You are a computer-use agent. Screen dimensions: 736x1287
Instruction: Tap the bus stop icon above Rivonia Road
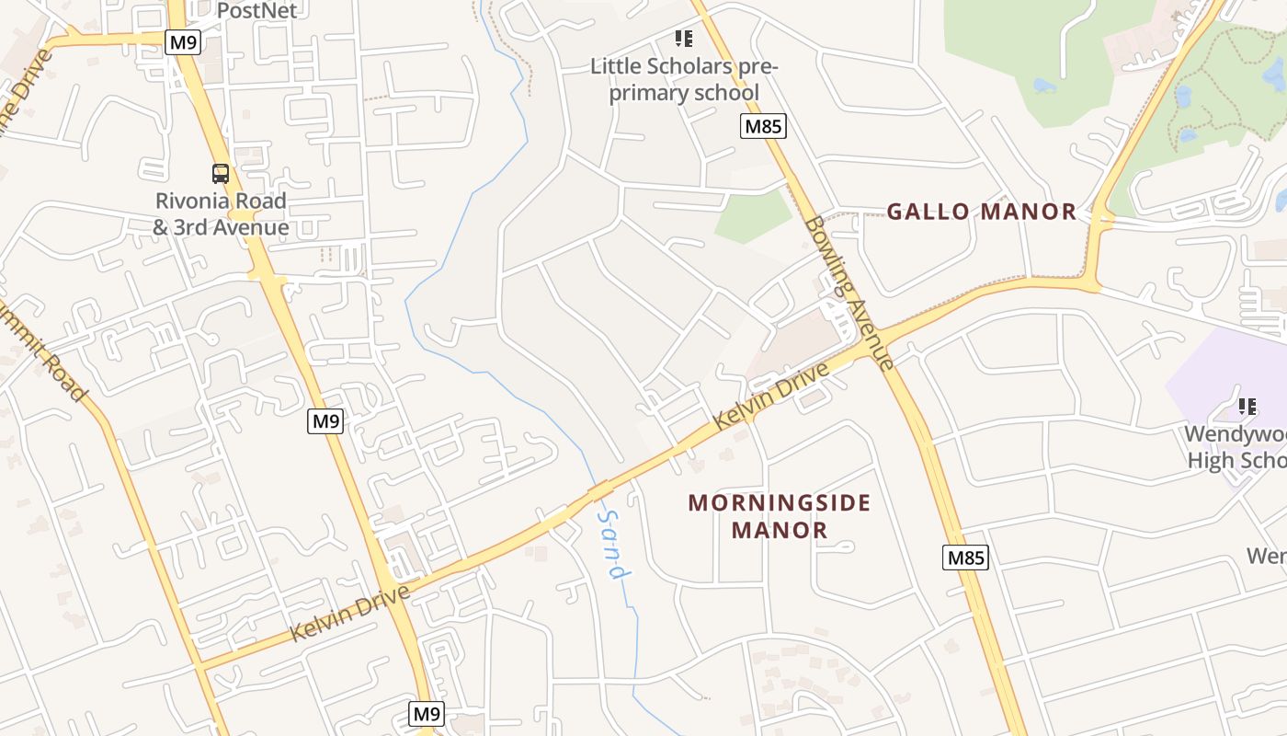point(221,173)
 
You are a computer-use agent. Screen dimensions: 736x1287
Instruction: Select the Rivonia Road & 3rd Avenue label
point(221,213)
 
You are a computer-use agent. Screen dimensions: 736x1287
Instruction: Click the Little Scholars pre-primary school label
point(684,80)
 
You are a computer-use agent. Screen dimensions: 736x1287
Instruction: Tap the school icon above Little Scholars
point(684,39)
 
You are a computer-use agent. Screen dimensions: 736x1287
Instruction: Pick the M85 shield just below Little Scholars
point(763,126)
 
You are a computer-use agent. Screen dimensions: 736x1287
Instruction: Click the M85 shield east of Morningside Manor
point(965,557)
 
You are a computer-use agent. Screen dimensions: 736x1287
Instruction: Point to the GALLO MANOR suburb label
point(981,212)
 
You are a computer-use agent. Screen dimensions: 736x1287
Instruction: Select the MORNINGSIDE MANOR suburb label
point(780,516)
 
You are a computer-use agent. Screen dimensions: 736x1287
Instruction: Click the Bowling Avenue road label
point(848,292)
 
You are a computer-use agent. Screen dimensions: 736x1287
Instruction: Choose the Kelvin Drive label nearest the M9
point(349,614)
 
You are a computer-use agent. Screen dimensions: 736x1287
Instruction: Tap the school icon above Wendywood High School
point(1247,406)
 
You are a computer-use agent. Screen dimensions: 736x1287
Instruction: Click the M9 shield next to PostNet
point(182,41)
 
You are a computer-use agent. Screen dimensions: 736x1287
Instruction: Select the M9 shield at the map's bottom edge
point(427,713)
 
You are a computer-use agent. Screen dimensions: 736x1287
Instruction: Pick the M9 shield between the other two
point(325,421)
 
